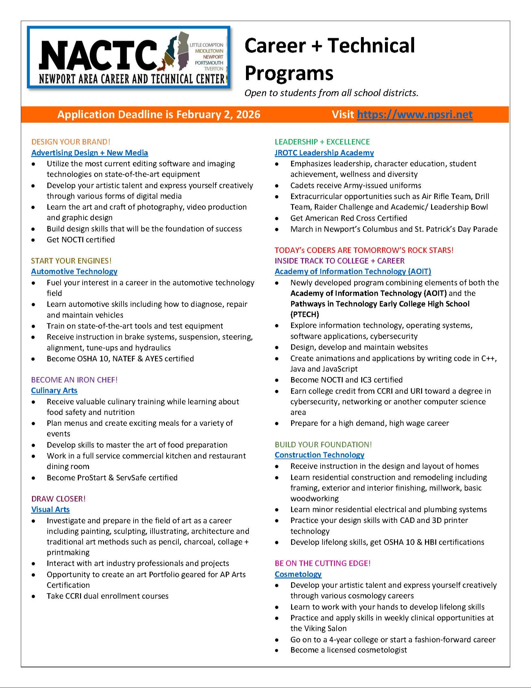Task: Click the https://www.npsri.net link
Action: pyautogui.click(x=414, y=115)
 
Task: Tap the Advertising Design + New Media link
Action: pyautogui.click(x=90, y=153)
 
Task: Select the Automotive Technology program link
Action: pyautogui.click(x=74, y=271)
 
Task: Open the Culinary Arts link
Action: pyautogui.click(x=54, y=390)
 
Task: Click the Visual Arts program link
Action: pyautogui.click(x=50, y=509)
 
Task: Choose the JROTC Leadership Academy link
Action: pyautogui.click(x=324, y=153)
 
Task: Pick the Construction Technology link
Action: pyautogui.click(x=319, y=455)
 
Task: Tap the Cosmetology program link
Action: pyautogui.click(x=298, y=574)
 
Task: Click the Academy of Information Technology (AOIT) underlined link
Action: pyautogui.click(x=353, y=271)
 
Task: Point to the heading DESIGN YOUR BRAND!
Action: pyautogui.click(x=71, y=142)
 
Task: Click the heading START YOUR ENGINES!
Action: pyautogui.click(x=71, y=260)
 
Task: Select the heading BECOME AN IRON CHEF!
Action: pyautogui.click(x=74, y=379)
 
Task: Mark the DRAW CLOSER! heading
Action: pyautogui.click(x=59, y=498)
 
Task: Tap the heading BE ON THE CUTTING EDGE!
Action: pyautogui.click(x=323, y=563)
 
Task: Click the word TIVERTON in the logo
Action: pyautogui.click(x=214, y=69)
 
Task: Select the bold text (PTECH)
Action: pyautogui.click(x=305, y=314)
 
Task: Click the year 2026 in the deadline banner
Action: pyautogui.click(x=248, y=115)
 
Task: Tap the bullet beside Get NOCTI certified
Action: pyautogui.click(x=33, y=240)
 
